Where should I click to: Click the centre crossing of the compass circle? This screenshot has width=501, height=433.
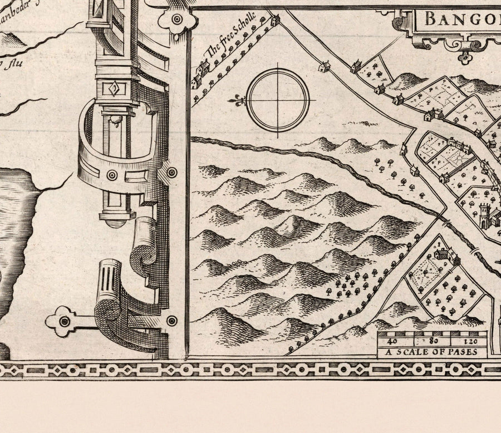click(278, 100)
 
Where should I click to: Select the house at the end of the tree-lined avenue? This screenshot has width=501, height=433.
click(274, 21)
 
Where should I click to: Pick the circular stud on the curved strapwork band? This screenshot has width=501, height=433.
click(112, 175)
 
